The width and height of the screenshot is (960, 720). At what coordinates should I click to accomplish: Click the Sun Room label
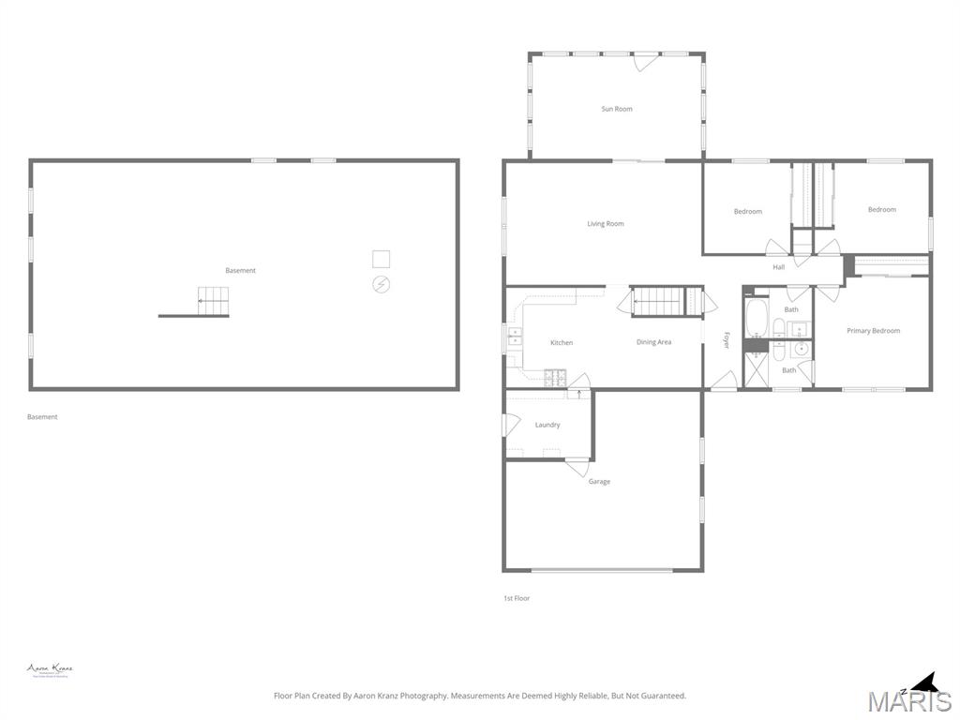[x=617, y=109]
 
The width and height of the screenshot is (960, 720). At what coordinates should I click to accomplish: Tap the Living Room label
[x=606, y=224]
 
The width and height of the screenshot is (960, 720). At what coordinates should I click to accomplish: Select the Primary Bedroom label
[x=873, y=331]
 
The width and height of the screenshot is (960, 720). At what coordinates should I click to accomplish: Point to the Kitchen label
[x=562, y=343]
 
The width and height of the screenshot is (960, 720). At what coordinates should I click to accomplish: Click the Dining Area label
[x=653, y=342]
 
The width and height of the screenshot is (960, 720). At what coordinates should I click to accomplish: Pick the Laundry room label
[x=547, y=425]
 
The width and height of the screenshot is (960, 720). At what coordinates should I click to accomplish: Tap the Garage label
[x=599, y=482]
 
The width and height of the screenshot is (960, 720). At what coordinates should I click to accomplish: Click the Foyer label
[x=727, y=340]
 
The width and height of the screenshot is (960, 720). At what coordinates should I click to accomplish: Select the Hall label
[x=779, y=267]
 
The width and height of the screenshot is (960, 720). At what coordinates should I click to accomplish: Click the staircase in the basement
[x=213, y=301]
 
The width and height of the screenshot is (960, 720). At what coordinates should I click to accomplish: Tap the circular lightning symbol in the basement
[x=382, y=283]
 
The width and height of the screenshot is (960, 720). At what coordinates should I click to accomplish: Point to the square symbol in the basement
[x=381, y=259]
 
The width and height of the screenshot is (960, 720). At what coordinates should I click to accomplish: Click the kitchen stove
[x=556, y=378]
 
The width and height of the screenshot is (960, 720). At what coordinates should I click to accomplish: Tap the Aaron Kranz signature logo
[x=50, y=670]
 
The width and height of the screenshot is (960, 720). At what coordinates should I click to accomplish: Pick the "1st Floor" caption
[x=517, y=598]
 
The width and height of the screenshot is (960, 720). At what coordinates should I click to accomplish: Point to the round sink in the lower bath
[x=800, y=350]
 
